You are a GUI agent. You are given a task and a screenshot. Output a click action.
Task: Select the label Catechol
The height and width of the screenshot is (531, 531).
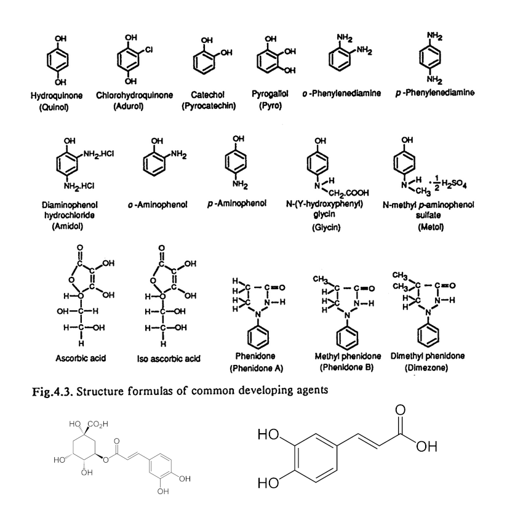207,95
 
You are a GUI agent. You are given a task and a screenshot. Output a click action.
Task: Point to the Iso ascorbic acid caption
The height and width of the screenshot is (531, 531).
168,358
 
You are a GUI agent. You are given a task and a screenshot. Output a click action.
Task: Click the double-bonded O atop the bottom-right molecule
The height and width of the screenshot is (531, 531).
402,412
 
